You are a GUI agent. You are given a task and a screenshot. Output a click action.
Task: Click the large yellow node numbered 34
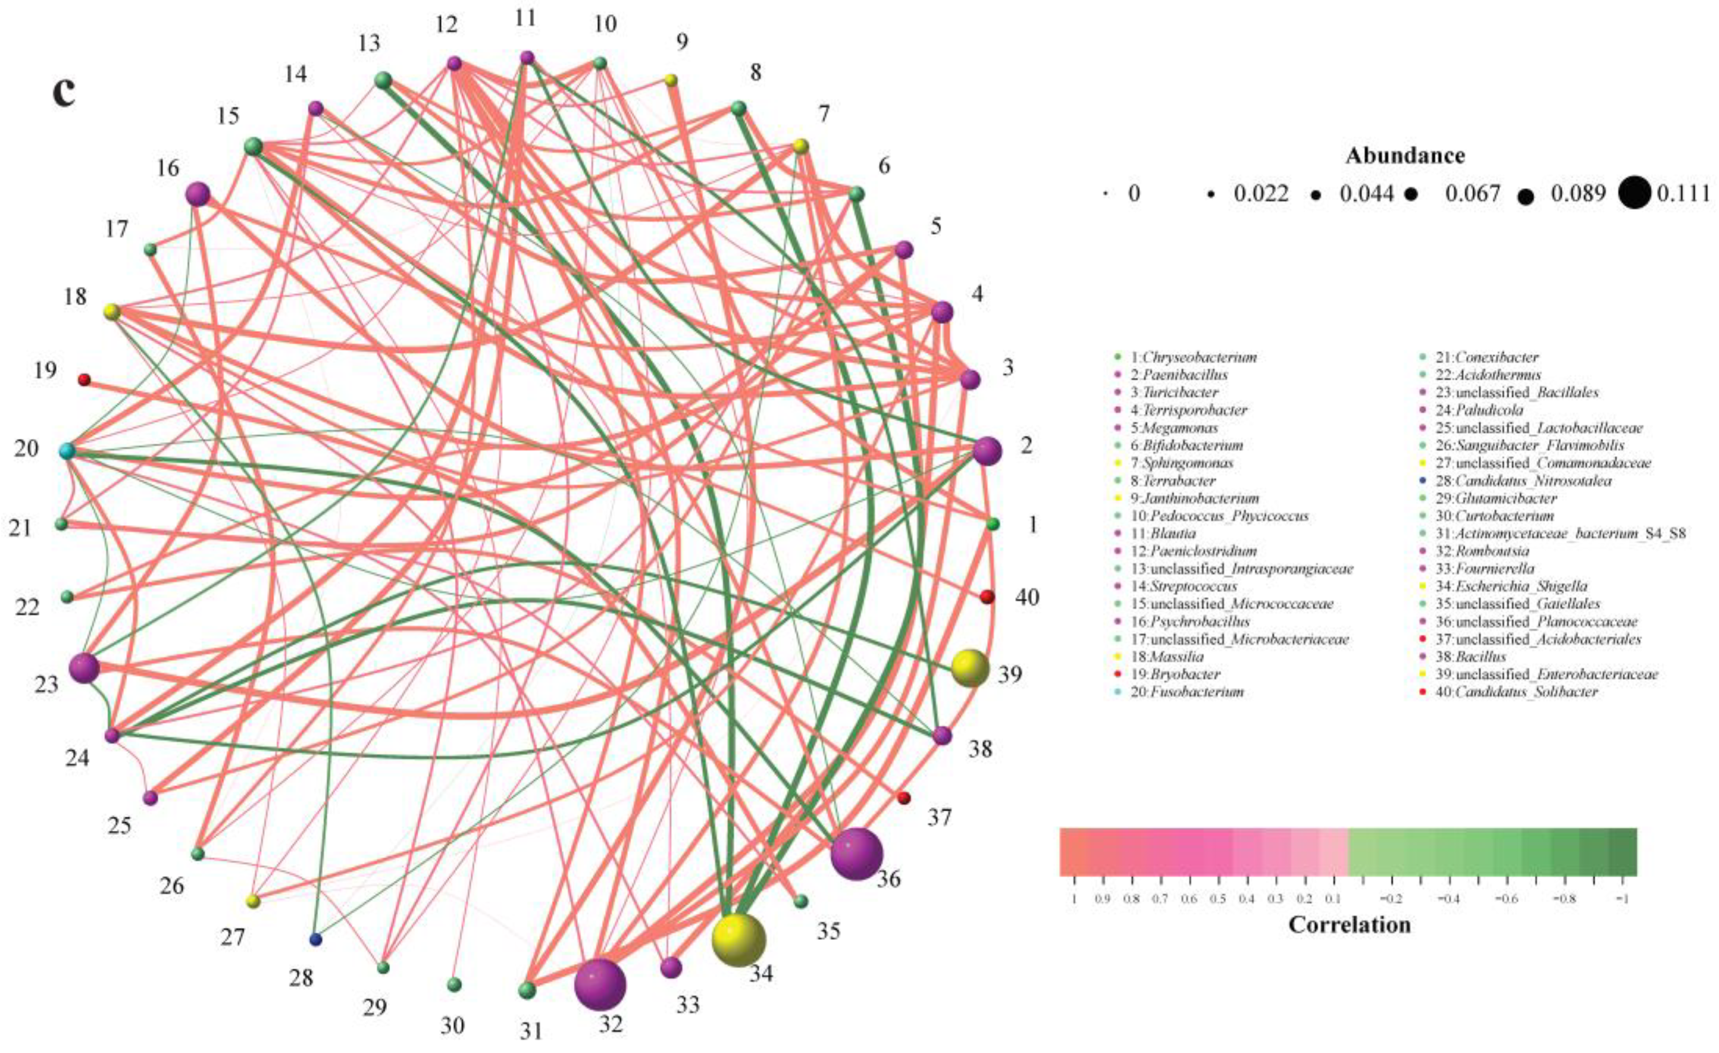tap(738, 940)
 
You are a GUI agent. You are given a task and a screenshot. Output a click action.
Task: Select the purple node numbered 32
tap(600, 985)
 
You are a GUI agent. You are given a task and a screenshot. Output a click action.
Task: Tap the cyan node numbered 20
tap(67, 451)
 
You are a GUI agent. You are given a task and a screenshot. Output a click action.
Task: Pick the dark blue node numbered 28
tap(316, 939)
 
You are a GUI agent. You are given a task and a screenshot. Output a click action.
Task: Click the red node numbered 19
tap(84, 379)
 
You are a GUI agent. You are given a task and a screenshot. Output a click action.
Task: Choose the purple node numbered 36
tap(857, 854)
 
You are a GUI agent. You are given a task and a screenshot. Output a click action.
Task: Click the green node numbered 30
tap(454, 985)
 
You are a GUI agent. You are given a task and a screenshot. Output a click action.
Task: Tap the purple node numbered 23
tap(84, 668)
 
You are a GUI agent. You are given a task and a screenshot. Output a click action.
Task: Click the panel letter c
tap(64, 93)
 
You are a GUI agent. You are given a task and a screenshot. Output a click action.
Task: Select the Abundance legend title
tap(1405, 155)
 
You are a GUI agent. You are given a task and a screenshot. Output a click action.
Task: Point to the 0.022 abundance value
tap(1261, 193)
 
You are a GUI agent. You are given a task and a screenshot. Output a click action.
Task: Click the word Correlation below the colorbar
tap(1349, 925)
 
